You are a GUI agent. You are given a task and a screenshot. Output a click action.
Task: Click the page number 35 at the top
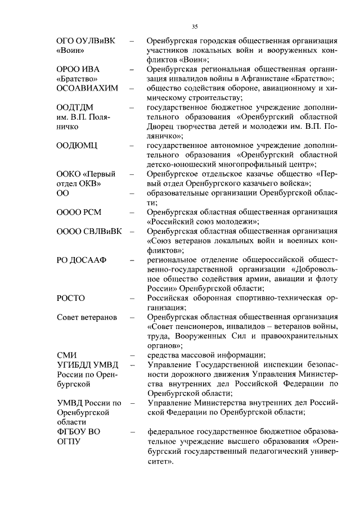point(195,26)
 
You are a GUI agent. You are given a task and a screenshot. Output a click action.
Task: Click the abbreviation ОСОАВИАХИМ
point(87,88)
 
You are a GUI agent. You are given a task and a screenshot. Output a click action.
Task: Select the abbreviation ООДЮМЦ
point(78,146)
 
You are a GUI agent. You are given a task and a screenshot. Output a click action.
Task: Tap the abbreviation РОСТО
point(71,299)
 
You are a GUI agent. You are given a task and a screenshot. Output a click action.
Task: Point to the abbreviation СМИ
point(67,355)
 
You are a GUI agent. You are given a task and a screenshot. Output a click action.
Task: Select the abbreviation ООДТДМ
point(75,107)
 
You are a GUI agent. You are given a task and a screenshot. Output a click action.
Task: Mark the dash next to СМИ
point(132,355)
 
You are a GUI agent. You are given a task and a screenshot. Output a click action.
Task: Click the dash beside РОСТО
point(132,299)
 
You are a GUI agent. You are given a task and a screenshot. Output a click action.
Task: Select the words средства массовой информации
point(204,355)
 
